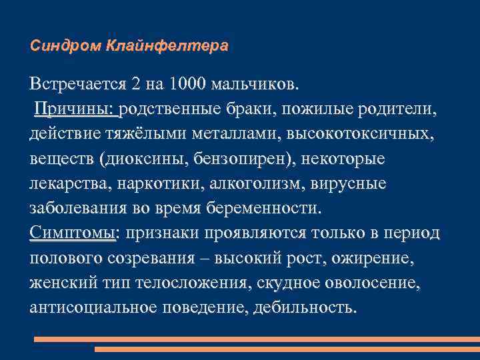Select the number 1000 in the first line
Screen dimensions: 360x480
(189, 85)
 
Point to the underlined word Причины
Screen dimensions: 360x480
(75, 108)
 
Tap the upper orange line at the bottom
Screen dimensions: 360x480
(257, 339)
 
